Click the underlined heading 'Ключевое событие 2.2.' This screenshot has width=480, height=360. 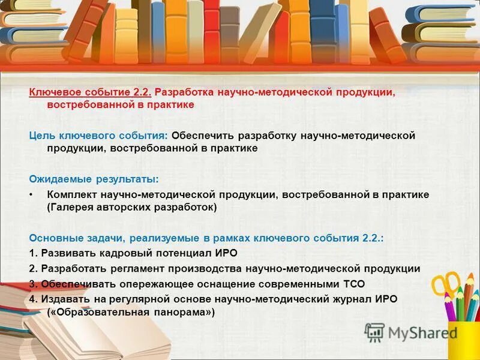pos(91,93)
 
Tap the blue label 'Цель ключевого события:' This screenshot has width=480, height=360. pos(100,136)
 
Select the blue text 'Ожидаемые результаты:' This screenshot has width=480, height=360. pos(94,179)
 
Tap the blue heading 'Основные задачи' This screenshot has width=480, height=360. pos(73,238)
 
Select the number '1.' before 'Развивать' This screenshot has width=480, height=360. pos(34,253)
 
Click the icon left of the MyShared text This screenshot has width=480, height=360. pos(374,332)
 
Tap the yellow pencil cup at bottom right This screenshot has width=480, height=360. pos(464,340)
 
